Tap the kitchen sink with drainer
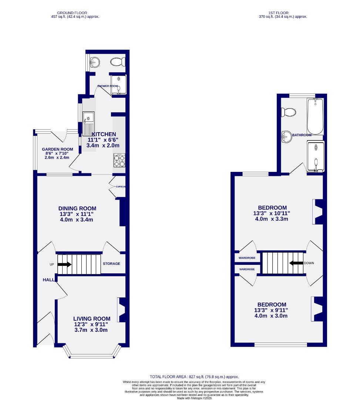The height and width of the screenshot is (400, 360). pos(89,124)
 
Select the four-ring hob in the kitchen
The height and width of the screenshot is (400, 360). pos(120,160)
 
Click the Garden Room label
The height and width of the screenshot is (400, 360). pos(57,149)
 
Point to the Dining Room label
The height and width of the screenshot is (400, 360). pos(77,209)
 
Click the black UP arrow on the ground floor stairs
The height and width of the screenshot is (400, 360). pos(64,264)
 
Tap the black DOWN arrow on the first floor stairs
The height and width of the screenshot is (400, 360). pos(296,263)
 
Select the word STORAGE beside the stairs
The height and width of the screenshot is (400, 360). pos(111,264)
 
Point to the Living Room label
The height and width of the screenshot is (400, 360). pos(92,319)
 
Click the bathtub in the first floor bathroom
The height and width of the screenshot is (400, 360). pos(315,116)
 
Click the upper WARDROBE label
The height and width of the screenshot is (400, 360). pos(246,256)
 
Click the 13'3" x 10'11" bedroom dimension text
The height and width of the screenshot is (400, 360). pos(272,213)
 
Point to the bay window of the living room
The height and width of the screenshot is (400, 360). pos(92,356)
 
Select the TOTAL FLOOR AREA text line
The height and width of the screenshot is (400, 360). pos(194,377)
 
